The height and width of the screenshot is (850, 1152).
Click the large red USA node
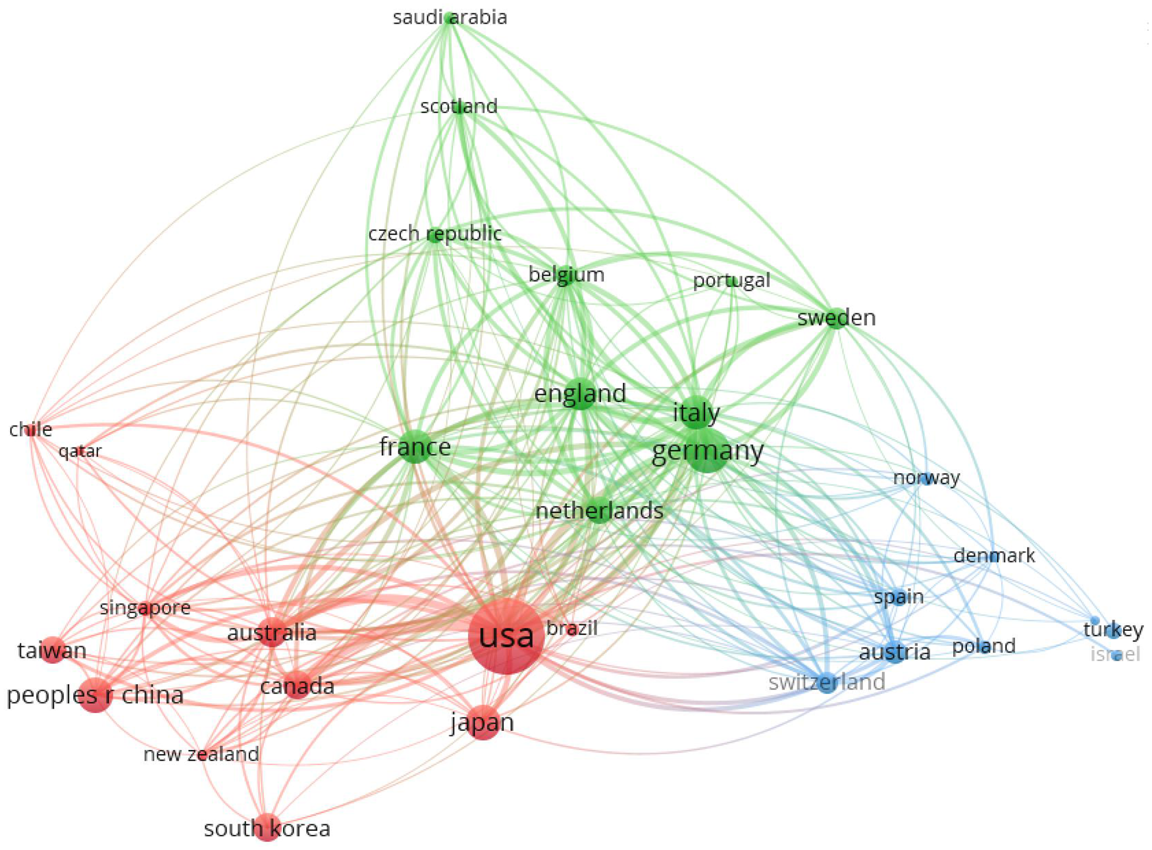click(506, 636)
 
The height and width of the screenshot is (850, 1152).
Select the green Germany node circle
click(707, 451)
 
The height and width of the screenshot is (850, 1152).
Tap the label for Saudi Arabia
click(450, 17)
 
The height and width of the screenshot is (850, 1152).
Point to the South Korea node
click(267, 828)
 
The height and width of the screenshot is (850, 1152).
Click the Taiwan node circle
click(53, 650)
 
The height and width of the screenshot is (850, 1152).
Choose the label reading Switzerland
click(826, 682)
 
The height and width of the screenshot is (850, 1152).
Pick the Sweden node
click(835, 318)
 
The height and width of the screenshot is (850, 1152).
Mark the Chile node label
click(30, 430)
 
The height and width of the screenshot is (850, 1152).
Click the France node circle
click(415, 447)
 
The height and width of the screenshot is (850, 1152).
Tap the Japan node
click(483, 724)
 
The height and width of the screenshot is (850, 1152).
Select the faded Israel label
click(1115, 655)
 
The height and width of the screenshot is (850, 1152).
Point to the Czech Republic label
click(434, 234)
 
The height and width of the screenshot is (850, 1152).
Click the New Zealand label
click(201, 754)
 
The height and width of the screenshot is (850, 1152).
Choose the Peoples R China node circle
click(95, 695)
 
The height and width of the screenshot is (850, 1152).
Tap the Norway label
click(926, 478)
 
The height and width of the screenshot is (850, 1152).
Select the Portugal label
click(731, 281)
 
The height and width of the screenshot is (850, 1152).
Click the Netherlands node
click(598, 511)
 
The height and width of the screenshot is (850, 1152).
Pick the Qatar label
click(80, 451)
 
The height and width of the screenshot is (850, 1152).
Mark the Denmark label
click(994, 556)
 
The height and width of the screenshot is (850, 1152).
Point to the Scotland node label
click(459, 107)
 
